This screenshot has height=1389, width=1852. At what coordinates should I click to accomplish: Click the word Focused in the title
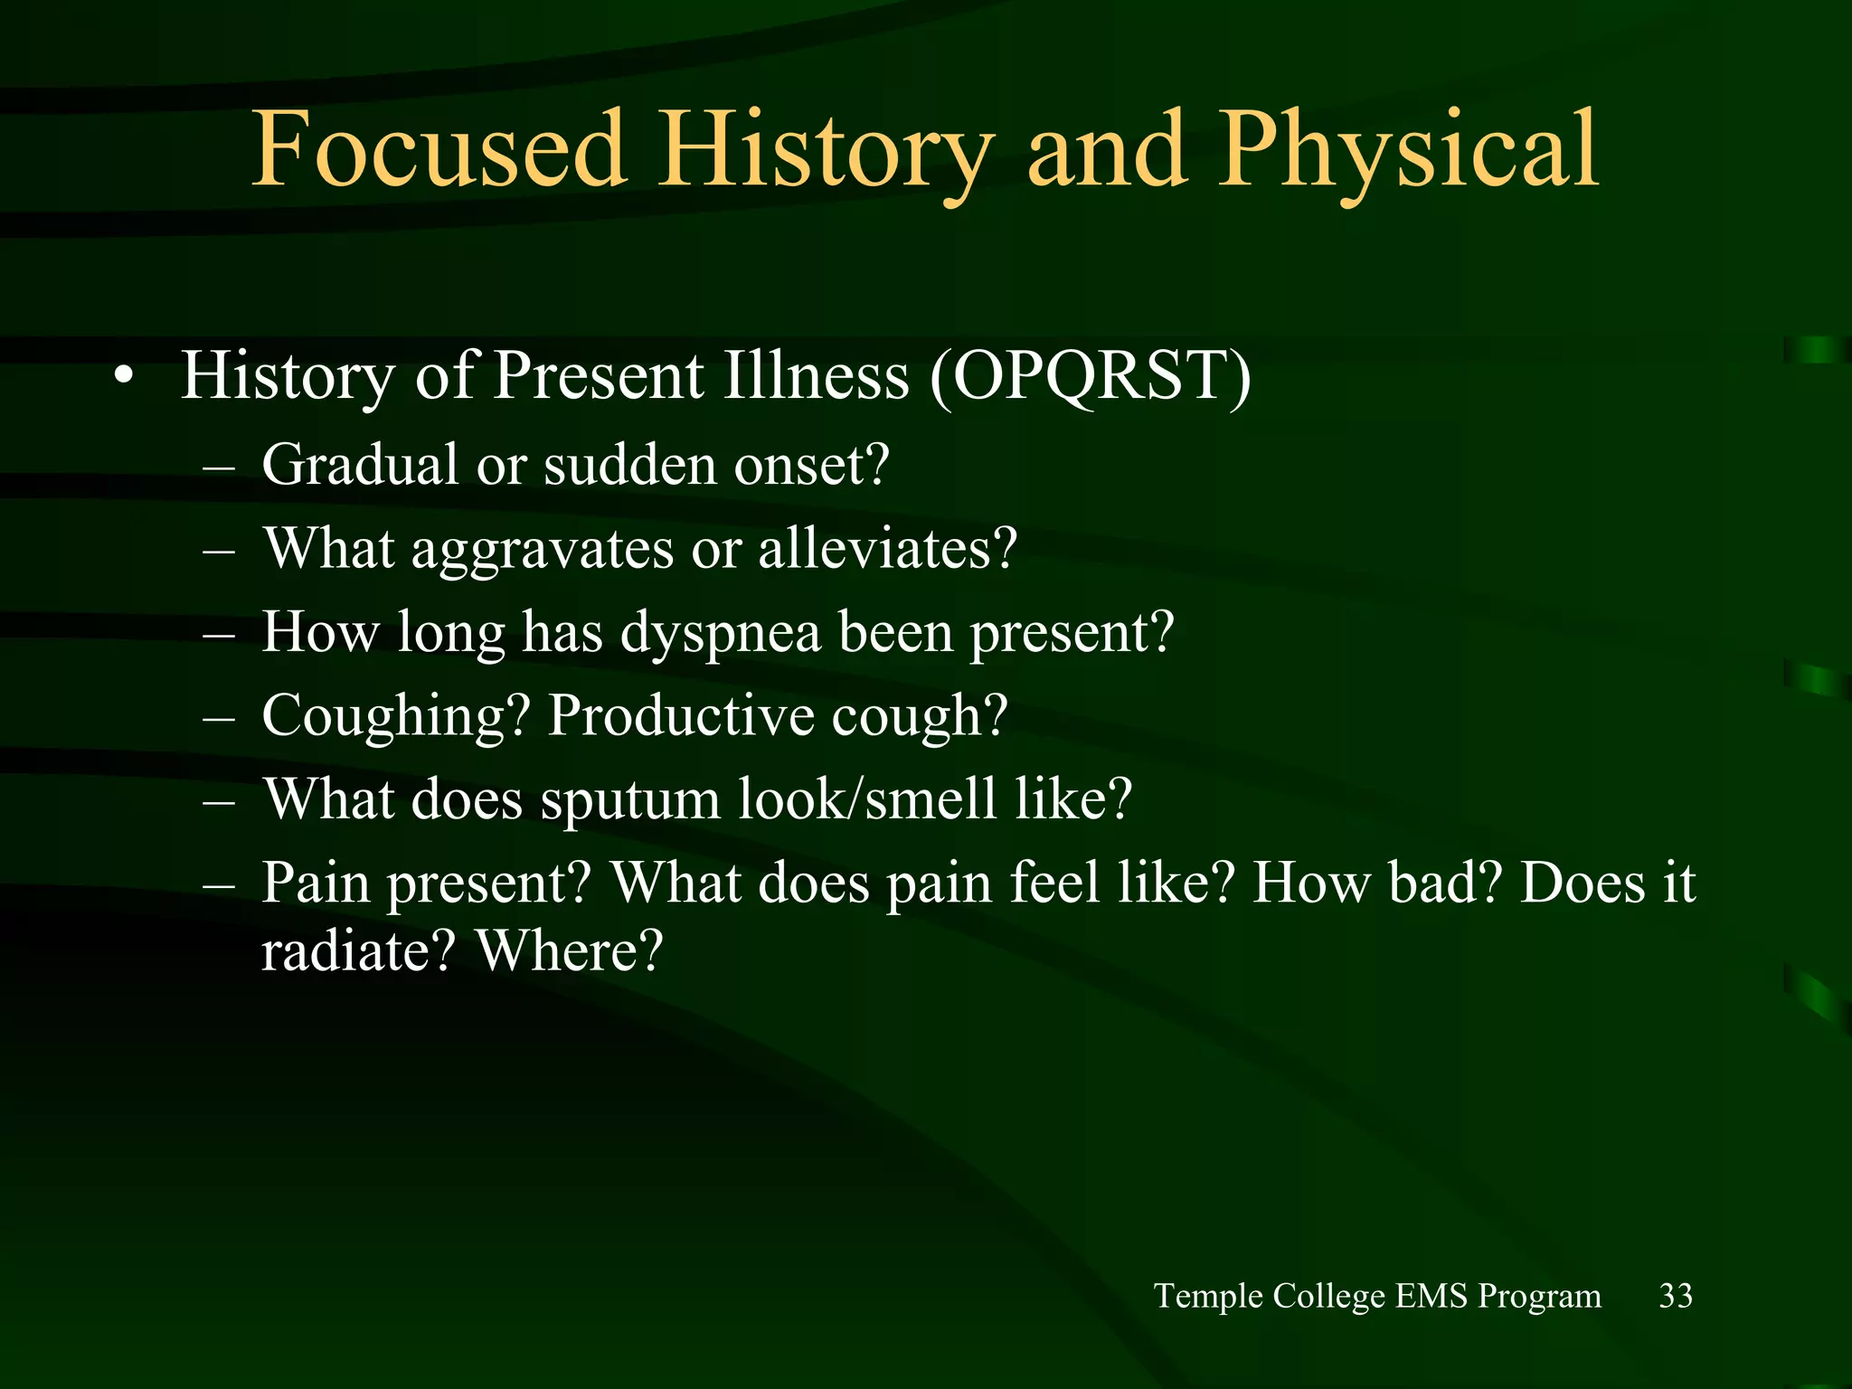pyautogui.click(x=439, y=149)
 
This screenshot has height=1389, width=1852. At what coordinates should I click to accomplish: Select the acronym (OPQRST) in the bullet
pyautogui.click(x=1091, y=376)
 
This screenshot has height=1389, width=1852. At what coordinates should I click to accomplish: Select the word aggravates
pyautogui.click(x=543, y=550)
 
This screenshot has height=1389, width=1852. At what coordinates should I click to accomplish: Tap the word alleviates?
pyautogui.click(x=887, y=548)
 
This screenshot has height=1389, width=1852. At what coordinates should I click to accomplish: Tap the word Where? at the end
pyautogui.click(x=570, y=951)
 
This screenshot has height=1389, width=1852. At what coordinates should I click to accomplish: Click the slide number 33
pyautogui.click(x=1675, y=1296)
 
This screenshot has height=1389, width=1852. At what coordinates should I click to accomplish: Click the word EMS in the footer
pyautogui.click(x=1431, y=1296)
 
